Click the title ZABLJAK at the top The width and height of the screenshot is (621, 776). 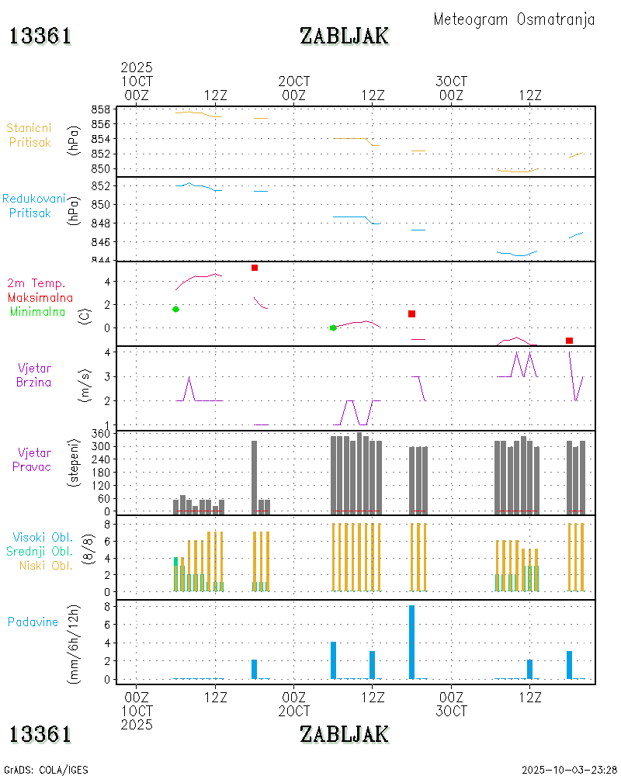pyautogui.click(x=344, y=36)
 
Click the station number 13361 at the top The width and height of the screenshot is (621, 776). pyautogui.click(x=40, y=36)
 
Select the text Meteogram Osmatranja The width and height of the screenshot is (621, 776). pyautogui.click(x=514, y=19)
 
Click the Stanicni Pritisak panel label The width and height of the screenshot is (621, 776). pyautogui.click(x=29, y=135)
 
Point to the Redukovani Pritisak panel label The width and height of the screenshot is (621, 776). pyautogui.click(x=33, y=206)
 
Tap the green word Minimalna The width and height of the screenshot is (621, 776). pyautogui.click(x=38, y=312)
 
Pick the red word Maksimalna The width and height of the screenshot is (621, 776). pyautogui.click(x=40, y=297)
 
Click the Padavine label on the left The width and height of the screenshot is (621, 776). pyautogui.click(x=33, y=622)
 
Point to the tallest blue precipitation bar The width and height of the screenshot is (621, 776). pyautogui.click(x=411, y=642)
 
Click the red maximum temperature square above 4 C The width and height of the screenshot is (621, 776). pyautogui.click(x=255, y=268)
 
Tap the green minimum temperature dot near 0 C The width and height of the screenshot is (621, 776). pyautogui.click(x=333, y=327)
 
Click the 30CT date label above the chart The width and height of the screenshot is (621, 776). pyautogui.click(x=451, y=81)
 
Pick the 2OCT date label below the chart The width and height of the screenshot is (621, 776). pyautogui.click(x=294, y=711)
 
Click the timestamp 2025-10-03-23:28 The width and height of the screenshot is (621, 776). pyautogui.click(x=569, y=770)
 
